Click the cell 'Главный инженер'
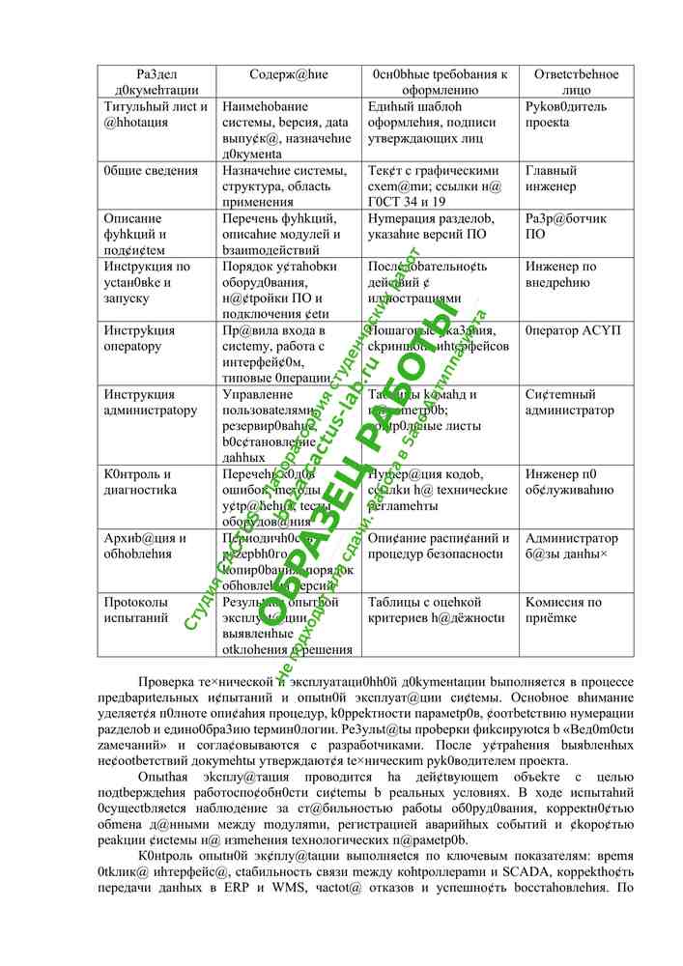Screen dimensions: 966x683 tap(551, 179)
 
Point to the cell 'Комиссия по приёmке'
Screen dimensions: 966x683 tap(563, 610)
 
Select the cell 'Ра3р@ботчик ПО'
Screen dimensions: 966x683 tap(566, 226)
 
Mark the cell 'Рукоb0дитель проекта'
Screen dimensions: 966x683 tap(566, 115)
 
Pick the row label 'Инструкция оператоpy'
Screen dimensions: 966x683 tap(133, 338)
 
